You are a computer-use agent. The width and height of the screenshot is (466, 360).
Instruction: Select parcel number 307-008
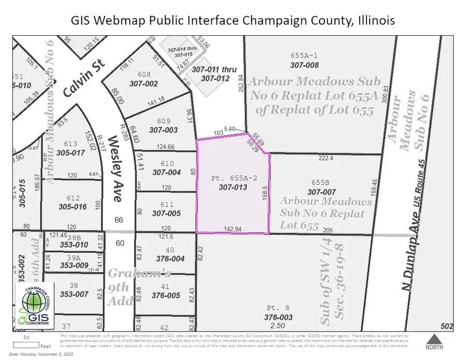(x=304, y=65)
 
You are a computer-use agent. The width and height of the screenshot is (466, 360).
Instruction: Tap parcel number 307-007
(x=322, y=192)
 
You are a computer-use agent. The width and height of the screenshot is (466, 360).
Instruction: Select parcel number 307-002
(x=143, y=83)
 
